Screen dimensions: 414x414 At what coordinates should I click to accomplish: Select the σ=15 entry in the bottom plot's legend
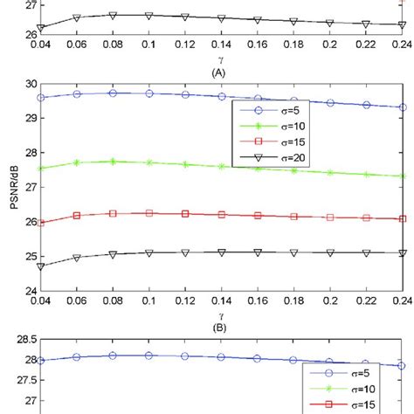click(350, 406)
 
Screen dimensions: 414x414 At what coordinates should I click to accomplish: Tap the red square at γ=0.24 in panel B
click(402, 219)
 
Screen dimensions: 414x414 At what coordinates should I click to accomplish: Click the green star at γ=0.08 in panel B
click(113, 162)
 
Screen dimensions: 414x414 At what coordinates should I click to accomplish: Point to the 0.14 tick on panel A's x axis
click(222, 40)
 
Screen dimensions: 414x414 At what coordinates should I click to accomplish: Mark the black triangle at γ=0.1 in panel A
click(148, 16)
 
